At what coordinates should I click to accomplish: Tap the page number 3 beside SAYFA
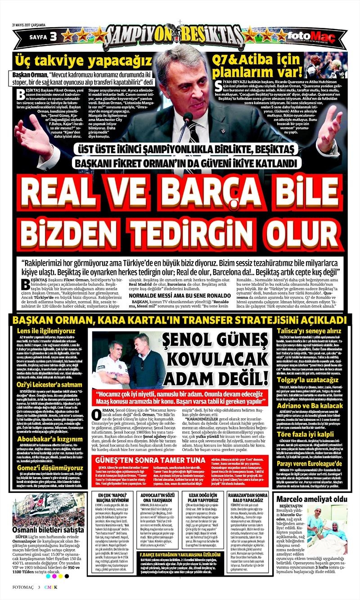(x=53, y=36)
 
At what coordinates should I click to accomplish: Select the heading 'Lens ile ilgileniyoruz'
(x=42, y=331)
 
